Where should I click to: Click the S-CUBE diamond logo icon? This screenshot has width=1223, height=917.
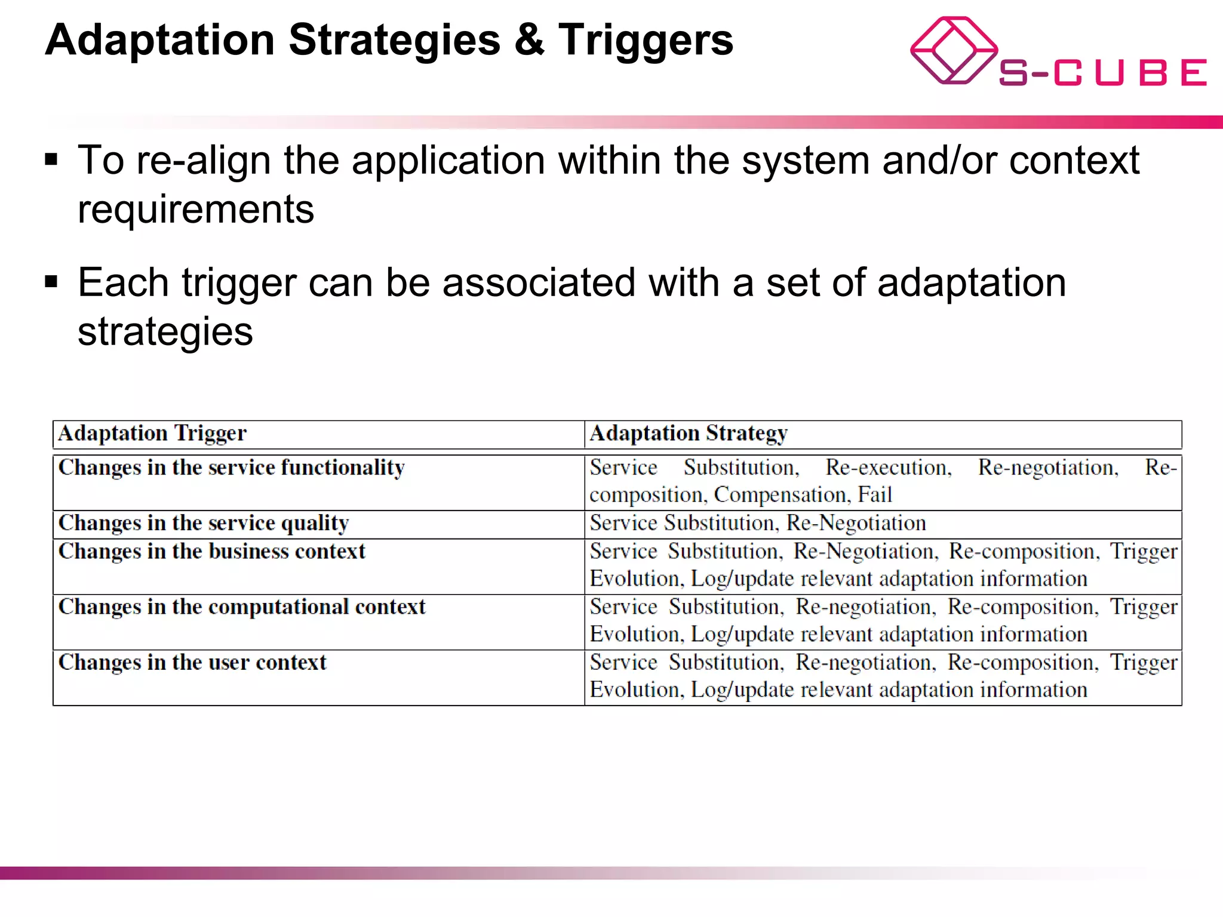(953, 51)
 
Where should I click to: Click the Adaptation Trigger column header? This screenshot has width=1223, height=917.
(152, 433)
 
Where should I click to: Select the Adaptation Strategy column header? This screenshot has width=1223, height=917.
(689, 433)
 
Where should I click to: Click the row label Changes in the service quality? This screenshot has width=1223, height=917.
(204, 523)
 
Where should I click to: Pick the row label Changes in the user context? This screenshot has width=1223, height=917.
(192, 663)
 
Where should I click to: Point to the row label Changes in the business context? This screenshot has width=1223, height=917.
(211, 552)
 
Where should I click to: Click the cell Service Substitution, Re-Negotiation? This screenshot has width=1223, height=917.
(757, 523)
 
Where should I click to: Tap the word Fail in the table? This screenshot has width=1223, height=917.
(875, 495)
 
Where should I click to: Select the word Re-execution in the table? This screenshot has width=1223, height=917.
(888, 467)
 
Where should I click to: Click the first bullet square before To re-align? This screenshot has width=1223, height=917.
(51, 160)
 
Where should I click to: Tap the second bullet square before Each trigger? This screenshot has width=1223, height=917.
(51, 282)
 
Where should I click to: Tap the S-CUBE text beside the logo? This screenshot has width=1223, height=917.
(1102, 73)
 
